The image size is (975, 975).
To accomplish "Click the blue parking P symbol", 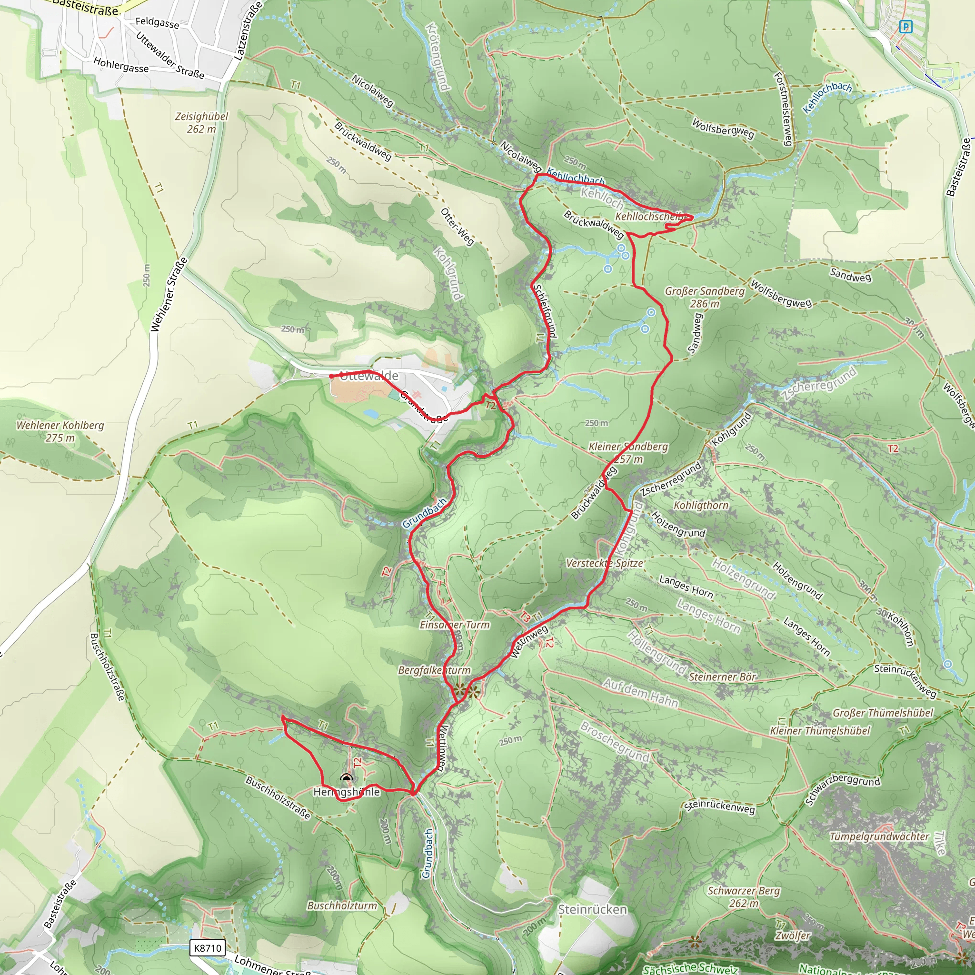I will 906,27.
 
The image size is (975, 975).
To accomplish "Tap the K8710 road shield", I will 208,948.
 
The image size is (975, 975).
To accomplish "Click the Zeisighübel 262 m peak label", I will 201,123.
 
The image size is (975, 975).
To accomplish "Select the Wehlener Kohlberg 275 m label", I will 60,431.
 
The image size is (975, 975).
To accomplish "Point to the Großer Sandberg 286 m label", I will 705,297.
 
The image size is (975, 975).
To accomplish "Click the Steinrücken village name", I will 592,909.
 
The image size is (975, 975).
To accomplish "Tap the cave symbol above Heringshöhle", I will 346,778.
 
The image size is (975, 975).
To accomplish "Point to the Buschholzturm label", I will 342,906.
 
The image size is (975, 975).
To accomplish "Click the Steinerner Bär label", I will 722,677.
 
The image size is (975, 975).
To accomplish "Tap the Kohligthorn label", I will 701,506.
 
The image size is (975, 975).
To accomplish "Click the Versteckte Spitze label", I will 605,563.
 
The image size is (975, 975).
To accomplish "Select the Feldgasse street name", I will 157,23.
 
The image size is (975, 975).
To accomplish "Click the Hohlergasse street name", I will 121,65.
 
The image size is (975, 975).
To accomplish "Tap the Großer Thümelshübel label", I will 883,713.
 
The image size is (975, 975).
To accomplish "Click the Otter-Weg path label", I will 457,227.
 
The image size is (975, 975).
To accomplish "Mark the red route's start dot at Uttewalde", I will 331,376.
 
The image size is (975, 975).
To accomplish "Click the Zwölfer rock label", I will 793,936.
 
